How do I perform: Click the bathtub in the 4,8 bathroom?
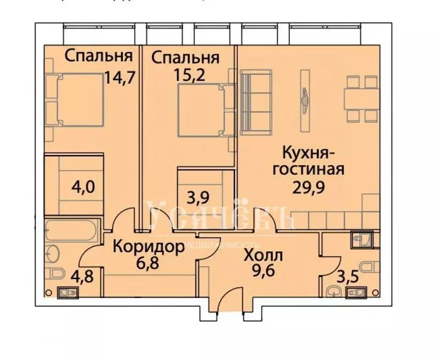coord(71,231)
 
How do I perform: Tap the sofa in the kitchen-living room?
coord(255,100)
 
